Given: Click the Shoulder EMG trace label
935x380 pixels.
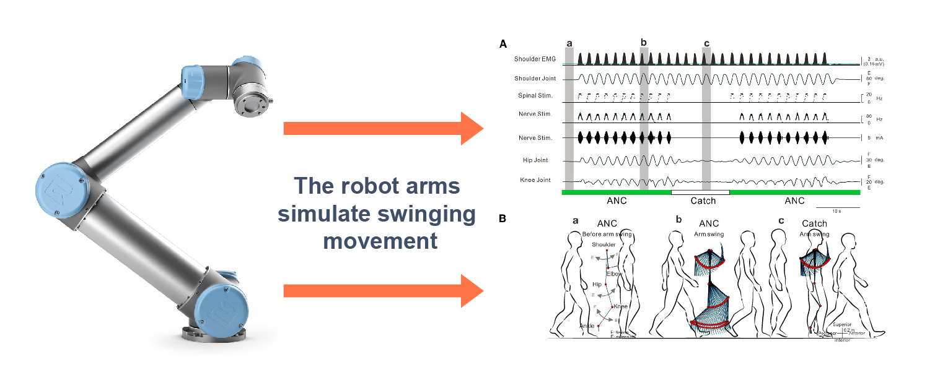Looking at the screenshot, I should click(x=534, y=59).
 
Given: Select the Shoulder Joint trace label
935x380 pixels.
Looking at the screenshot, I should click(x=535, y=79).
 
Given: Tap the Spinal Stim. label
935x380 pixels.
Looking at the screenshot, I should click(x=536, y=96).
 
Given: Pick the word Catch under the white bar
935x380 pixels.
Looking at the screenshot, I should click(x=703, y=201).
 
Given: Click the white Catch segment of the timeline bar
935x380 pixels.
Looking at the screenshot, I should click(x=700, y=192).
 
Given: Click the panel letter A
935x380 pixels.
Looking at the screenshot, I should click(x=503, y=44).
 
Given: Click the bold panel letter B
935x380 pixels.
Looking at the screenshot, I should click(x=503, y=218).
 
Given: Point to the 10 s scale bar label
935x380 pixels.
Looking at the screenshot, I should click(x=836, y=212).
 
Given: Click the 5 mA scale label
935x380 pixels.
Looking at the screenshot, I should click(x=874, y=138).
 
